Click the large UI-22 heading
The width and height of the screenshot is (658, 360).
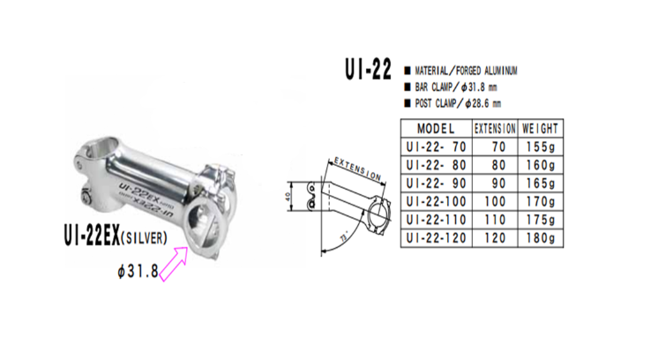363,71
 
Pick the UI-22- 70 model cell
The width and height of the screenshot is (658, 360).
435,146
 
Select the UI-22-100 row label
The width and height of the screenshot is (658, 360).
435,202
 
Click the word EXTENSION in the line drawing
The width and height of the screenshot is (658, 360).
357,169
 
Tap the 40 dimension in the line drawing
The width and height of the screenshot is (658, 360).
289,196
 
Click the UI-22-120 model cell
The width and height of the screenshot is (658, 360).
435,239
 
